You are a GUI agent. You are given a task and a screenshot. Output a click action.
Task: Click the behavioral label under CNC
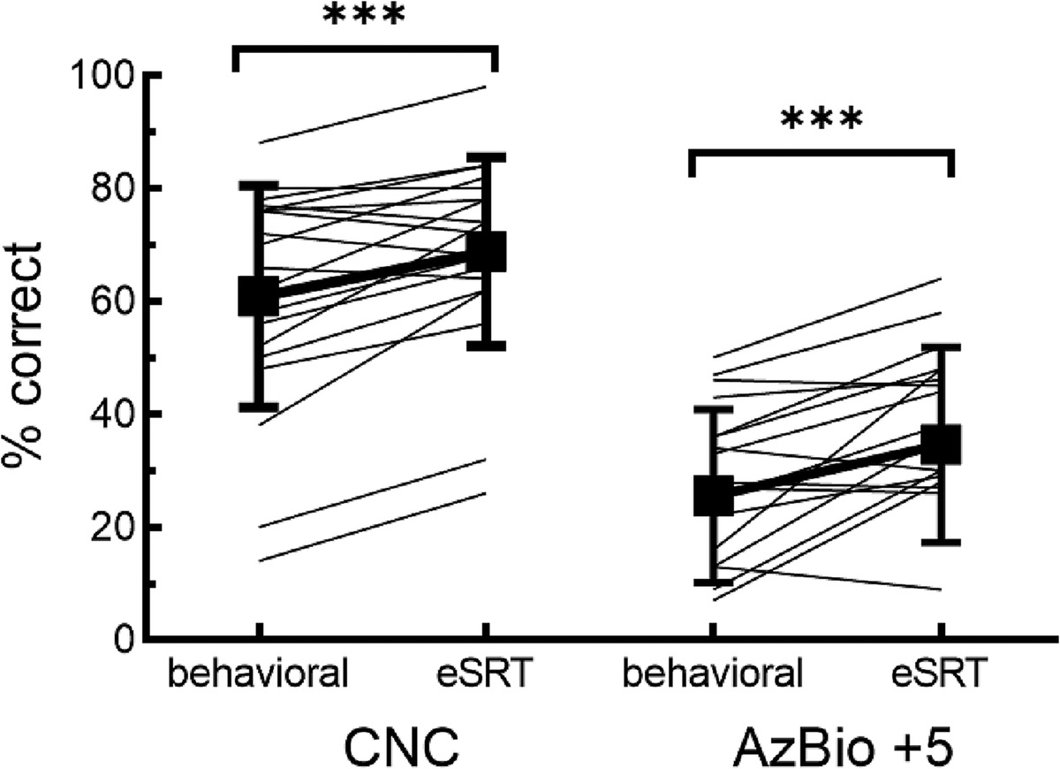point(259,674)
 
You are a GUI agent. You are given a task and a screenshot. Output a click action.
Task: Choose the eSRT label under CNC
point(485,674)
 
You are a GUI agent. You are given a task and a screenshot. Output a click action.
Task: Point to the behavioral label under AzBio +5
point(713,674)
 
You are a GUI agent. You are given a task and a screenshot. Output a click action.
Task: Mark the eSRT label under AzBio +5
point(939,674)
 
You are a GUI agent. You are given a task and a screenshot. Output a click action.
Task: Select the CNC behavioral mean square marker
point(259,296)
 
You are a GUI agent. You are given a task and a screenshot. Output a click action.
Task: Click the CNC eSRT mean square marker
point(485,252)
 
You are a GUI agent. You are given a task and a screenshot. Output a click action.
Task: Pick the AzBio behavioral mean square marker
point(713,496)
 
